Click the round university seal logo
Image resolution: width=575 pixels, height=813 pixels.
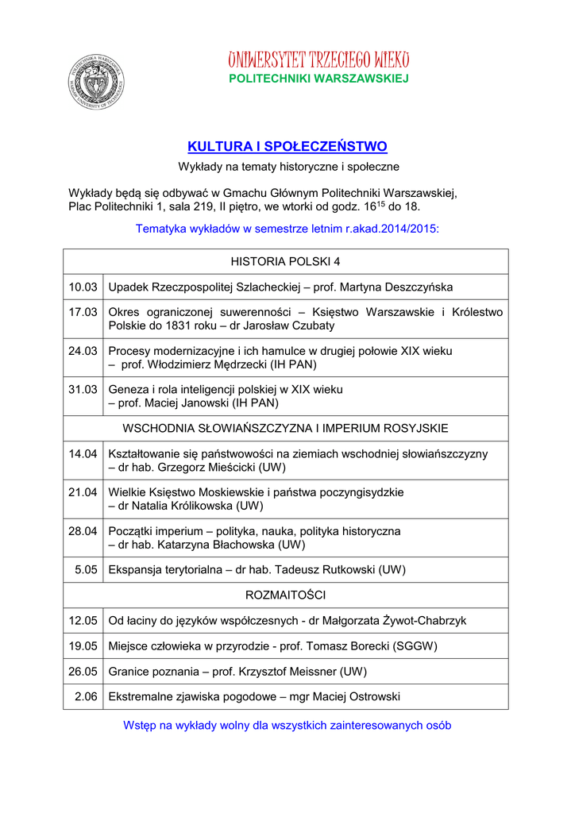(96, 81)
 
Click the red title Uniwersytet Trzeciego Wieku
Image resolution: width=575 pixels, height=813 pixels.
(318, 60)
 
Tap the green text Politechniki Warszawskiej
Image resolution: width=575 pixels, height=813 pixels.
(318, 79)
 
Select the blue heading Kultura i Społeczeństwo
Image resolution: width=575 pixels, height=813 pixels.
(287, 147)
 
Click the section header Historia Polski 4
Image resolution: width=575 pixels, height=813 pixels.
(286, 261)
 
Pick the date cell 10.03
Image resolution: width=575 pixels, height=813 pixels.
(83, 287)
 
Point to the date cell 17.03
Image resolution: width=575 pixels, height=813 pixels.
(83, 312)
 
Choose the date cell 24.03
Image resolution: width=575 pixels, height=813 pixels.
(83, 350)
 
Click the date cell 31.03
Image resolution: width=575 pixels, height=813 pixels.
(83, 389)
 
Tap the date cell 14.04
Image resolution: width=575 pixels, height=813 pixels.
(83, 453)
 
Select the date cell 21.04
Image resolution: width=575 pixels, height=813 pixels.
(83, 492)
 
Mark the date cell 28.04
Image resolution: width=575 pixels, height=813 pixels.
(83, 530)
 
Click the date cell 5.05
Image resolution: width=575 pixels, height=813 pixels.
(87, 569)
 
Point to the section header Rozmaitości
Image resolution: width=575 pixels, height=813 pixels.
(286, 595)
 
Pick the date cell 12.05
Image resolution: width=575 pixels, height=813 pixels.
(83, 620)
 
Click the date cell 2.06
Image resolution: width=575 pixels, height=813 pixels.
(87, 696)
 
